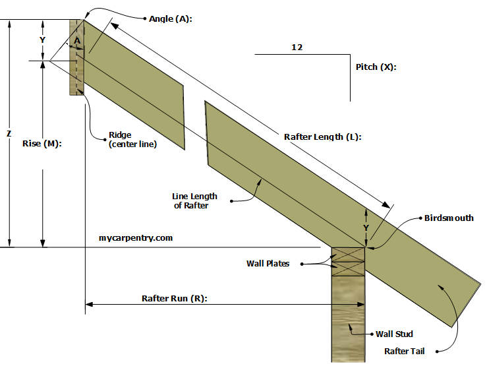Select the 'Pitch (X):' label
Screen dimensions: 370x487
(x=376, y=67)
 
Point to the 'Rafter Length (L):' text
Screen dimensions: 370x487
(x=323, y=137)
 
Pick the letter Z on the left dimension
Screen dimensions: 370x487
(x=9, y=133)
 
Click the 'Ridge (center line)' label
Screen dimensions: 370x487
(x=132, y=140)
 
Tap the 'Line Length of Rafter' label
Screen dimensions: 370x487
(x=194, y=202)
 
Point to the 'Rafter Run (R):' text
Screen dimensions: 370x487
(x=175, y=298)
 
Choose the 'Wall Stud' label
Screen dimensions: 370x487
(x=395, y=334)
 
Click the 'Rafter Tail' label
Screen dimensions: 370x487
(x=404, y=351)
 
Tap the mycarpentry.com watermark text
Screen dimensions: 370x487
(x=135, y=237)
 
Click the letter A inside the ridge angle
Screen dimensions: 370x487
(x=77, y=41)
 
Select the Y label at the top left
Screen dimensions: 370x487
(x=43, y=40)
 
